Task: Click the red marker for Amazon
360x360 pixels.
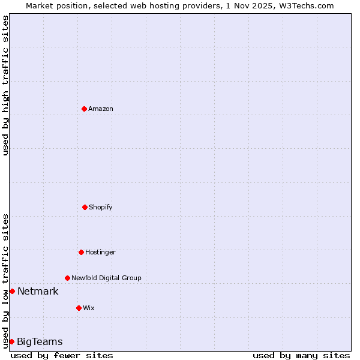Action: pos(84,109)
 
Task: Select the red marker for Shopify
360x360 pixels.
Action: pos(85,207)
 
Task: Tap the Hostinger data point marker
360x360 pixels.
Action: pos(81,252)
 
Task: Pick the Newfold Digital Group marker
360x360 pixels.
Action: pos(67,278)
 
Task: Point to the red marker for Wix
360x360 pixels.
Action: pos(79,308)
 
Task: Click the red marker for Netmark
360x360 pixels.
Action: pos(12,291)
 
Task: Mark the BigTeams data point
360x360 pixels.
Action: pos(11,341)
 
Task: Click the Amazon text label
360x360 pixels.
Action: pos(101,109)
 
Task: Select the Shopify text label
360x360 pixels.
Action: pos(101,207)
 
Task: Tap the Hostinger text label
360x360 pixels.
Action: pos(100,252)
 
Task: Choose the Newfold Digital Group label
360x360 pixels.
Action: pos(106,278)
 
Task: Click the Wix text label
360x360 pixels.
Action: pos(89,308)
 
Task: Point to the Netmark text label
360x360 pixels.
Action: pos(38,292)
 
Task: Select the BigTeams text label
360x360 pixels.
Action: pos(40,342)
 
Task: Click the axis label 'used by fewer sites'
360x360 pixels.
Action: pos(62,355)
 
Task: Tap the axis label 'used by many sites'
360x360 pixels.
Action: pos(301,355)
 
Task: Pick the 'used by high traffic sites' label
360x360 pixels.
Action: pos(5,85)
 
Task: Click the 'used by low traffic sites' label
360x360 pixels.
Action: pos(5,280)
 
